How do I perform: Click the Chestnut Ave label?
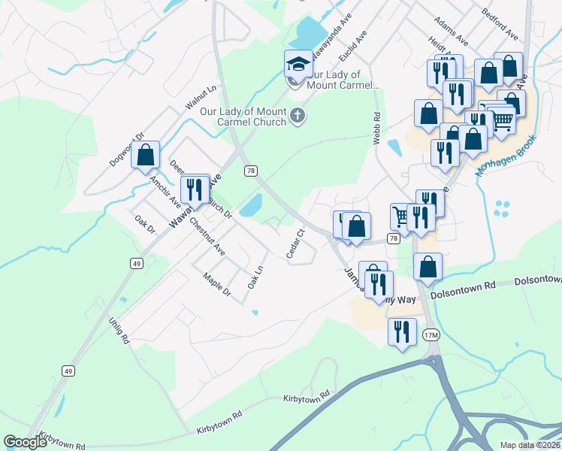tap(207, 235)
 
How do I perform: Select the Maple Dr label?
tap(216, 283)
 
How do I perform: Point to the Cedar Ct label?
tap(294, 244)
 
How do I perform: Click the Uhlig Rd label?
tap(121, 330)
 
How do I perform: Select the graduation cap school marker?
tap(298, 64)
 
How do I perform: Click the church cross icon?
tap(298, 116)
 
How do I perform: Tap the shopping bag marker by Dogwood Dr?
tap(146, 155)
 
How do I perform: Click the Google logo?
tap(26, 443)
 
